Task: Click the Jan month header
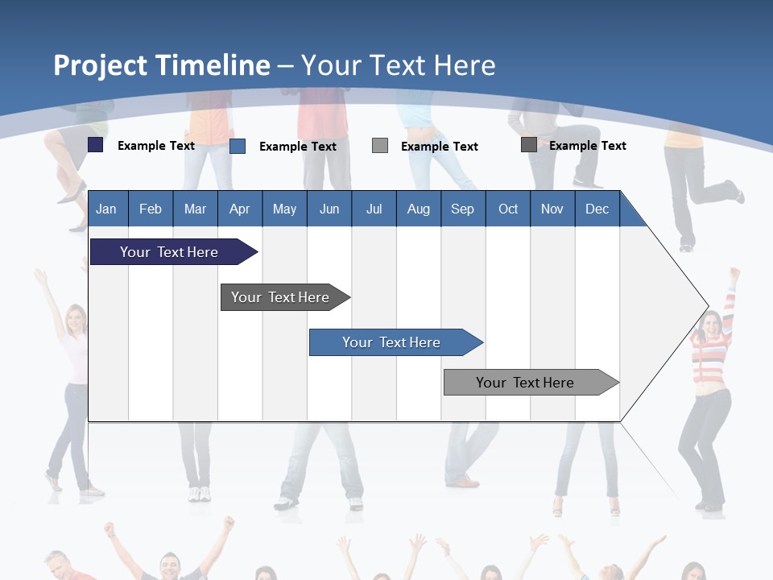coord(106,209)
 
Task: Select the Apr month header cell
coord(240,209)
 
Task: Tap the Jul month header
coord(374,209)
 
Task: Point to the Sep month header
coord(462,209)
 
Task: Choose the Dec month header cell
coord(597,209)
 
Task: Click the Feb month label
coord(151,209)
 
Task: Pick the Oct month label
coord(508,209)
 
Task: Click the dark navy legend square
coord(96,145)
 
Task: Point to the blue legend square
coord(238,146)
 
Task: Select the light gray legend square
coord(380,146)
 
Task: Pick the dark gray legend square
coord(529,145)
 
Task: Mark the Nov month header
coord(552,209)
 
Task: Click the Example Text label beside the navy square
coord(156,146)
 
